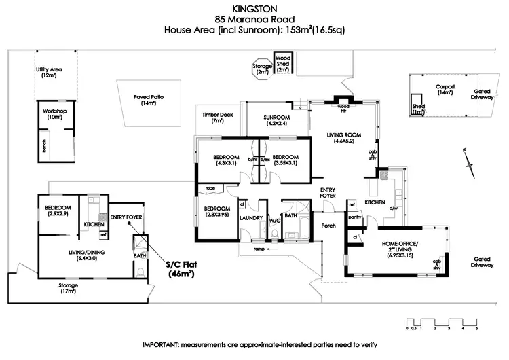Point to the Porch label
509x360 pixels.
329,226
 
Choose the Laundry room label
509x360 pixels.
251,218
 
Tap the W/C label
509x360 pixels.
275,219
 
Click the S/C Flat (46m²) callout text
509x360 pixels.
181,270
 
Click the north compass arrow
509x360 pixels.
468,162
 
